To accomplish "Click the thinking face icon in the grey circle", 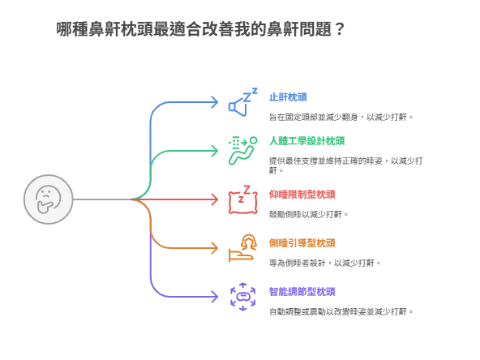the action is point(48,199).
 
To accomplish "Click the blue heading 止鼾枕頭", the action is point(288,97).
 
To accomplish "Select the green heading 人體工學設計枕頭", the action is point(306,141).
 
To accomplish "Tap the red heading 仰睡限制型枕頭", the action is point(302,195).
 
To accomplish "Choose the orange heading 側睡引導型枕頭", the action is point(302,243).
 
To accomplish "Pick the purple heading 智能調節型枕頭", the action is point(302,291).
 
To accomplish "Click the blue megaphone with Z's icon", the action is point(243,102).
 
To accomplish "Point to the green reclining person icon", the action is point(243,151).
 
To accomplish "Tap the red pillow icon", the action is point(243,199).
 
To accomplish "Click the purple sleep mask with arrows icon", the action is point(243,297).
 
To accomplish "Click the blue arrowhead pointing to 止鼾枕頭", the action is point(215,102).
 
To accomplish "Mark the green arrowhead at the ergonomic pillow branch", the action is point(215,151).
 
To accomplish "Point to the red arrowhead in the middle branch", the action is point(215,199).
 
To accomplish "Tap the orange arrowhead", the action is point(215,248).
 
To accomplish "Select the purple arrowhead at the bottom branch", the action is point(215,297).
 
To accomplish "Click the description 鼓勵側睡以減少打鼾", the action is point(309,214).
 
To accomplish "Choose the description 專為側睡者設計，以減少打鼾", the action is point(325,263).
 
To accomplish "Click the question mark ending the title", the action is point(340,29).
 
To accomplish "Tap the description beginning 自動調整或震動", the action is point(341,311).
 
